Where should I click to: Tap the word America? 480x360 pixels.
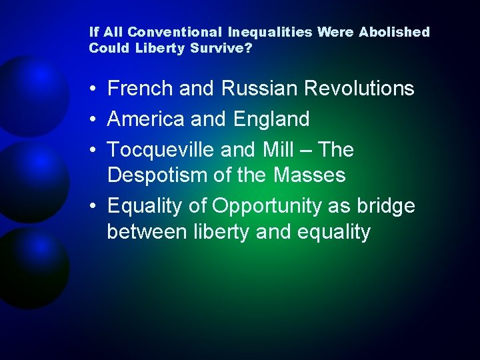[147, 119]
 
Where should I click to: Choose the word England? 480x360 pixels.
[271, 119]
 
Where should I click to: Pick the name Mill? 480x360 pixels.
[277, 150]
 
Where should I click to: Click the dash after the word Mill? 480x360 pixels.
[305, 151]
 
